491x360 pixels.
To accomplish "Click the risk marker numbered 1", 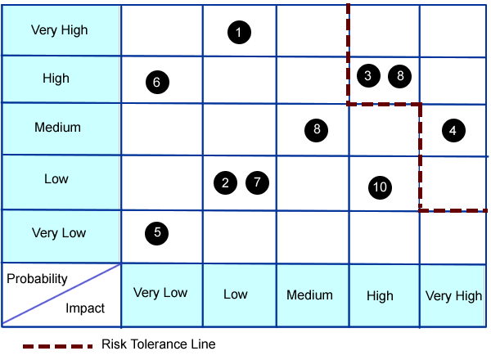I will [x=238, y=33].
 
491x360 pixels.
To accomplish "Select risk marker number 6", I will [x=156, y=81].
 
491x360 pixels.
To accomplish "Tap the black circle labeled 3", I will [x=368, y=75].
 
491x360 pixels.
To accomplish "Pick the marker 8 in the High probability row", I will [x=399, y=75].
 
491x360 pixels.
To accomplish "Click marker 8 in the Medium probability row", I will [x=315, y=129].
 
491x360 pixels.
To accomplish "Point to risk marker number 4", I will [x=452, y=128].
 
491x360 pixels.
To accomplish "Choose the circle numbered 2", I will [x=225, y=182].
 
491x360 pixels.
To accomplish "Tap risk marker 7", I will [x=257, y=182].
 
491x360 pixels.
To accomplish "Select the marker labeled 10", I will [x=380, y=187].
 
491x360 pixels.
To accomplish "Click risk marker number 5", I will [x=156, y=232].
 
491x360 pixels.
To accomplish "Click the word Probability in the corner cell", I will [x=37, y=279].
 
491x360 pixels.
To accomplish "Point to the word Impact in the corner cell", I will [x=85, y=308].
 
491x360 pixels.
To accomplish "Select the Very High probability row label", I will [x=59, y=30].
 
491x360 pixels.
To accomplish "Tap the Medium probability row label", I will [x=57, y=128].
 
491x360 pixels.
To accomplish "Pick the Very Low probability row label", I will [x=59, y=233].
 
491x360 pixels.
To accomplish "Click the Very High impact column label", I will [x=454, y=296].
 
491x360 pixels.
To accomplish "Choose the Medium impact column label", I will [x=310, y=295].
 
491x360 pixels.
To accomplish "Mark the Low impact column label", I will [x=236, y=295].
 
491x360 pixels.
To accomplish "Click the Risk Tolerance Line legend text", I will [x=159, y=344].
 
